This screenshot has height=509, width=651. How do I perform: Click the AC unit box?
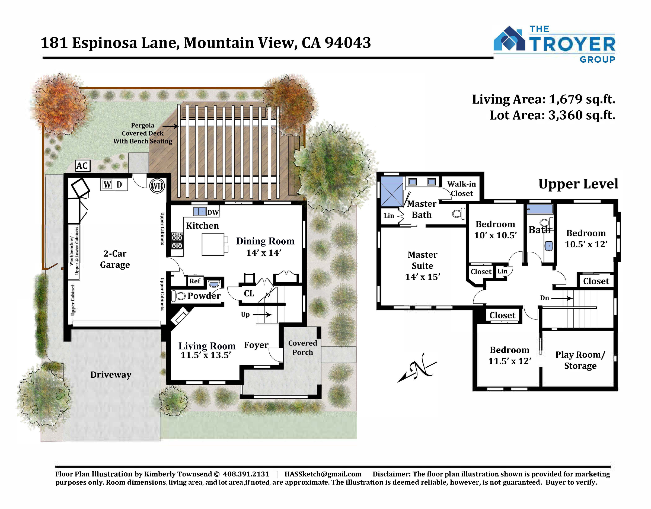(82, 166)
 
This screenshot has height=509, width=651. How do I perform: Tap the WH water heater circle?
(157, 186)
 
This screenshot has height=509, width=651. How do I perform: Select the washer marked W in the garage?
(107, 185)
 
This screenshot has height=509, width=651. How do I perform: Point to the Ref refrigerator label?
(195, 281)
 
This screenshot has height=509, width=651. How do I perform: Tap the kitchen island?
(213, 244)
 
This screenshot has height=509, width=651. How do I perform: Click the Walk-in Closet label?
(462, 189)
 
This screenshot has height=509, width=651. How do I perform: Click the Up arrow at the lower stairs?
(264, 315)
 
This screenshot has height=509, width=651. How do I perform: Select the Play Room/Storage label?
(580, 360)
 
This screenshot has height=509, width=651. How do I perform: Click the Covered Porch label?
(302, 348)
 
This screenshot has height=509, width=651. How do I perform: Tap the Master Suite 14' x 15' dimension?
(423, 277)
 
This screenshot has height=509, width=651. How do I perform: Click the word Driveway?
(111, 375)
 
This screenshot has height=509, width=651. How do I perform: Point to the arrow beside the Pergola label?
(171, 126)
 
